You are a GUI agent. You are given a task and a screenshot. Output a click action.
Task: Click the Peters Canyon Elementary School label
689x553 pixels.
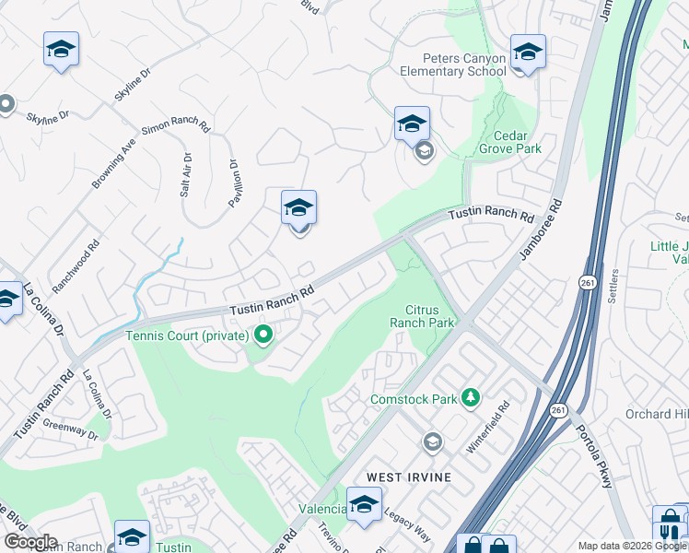[452, 65]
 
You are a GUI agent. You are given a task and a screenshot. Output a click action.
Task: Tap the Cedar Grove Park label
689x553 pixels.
[510, 140]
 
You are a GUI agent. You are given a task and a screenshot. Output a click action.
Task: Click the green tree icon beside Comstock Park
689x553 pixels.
[471, 397]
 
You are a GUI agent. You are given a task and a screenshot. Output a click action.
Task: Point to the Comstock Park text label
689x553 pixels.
[414, 399]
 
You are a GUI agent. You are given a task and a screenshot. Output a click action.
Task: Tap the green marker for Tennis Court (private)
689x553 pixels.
[263, 335]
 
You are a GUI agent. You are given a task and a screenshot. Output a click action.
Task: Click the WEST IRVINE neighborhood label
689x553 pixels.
[409, 477]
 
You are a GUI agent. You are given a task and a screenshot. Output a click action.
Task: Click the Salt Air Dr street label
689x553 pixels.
[186, 175]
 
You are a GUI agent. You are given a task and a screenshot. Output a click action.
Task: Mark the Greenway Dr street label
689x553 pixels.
[76, 430]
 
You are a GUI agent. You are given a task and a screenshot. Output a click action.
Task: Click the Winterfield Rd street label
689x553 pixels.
[488, 427]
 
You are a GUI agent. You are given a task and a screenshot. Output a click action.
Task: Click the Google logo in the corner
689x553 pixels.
[29, 542]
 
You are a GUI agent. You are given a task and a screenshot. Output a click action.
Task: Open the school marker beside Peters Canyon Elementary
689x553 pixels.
[529, 53]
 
